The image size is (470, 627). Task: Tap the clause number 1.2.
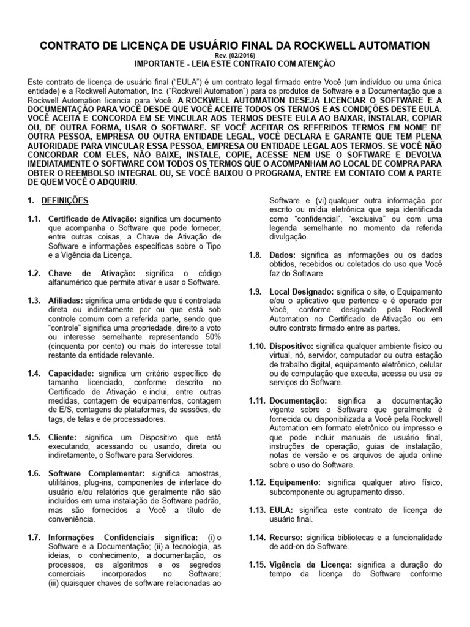34,272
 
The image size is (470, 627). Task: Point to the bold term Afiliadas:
66,301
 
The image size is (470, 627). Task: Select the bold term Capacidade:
71,373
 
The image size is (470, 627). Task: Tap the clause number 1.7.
34,537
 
